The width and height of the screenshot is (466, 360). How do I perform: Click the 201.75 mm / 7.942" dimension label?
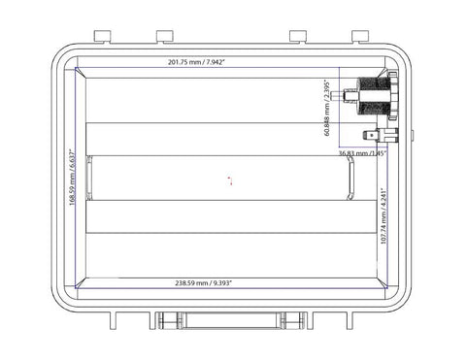[197, 62]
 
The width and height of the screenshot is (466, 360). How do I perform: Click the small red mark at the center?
[229, 180]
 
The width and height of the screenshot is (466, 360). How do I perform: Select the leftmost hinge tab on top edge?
[103, 36]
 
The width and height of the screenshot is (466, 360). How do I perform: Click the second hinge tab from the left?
[164, 36]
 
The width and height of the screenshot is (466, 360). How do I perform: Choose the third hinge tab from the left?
[297, 36]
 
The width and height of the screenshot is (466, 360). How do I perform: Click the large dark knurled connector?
[375, 96]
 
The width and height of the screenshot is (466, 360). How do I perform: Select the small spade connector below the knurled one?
[374, 135]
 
